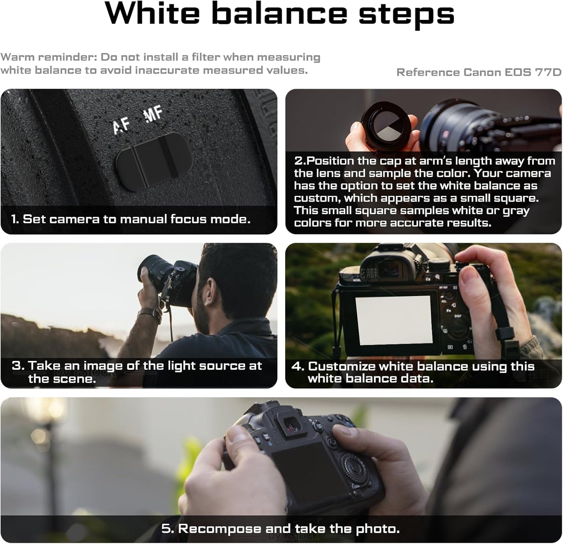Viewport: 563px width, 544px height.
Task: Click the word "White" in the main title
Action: click(152, 14)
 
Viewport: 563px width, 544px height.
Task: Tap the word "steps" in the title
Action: click(406, 16)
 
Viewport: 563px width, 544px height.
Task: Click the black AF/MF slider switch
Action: click(154, 162)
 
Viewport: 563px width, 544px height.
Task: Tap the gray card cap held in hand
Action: click(387, 124)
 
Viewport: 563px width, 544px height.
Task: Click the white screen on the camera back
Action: click(394, 320)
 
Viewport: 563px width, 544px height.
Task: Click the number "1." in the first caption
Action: click(15, 219)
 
